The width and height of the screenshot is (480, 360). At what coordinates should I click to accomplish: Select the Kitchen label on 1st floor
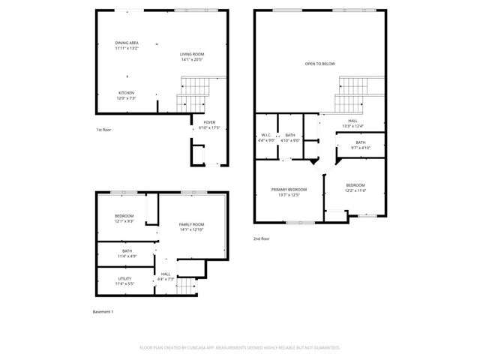click(126, 95)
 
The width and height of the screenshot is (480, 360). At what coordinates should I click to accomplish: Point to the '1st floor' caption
click(104, 130)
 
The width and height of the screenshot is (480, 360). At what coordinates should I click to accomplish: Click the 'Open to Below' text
click(320, 64)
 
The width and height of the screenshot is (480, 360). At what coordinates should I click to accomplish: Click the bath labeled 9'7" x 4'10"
click(361, 145)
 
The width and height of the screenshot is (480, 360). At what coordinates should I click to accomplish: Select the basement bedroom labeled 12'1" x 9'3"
click(124, 218)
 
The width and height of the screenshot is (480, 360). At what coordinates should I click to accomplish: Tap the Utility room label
click(124, 281)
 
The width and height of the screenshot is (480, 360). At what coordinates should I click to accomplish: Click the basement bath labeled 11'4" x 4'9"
click(127, 253)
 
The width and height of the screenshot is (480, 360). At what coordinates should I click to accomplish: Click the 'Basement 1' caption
click(102, 311)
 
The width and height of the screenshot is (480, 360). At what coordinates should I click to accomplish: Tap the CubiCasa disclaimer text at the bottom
click(240, 348)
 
